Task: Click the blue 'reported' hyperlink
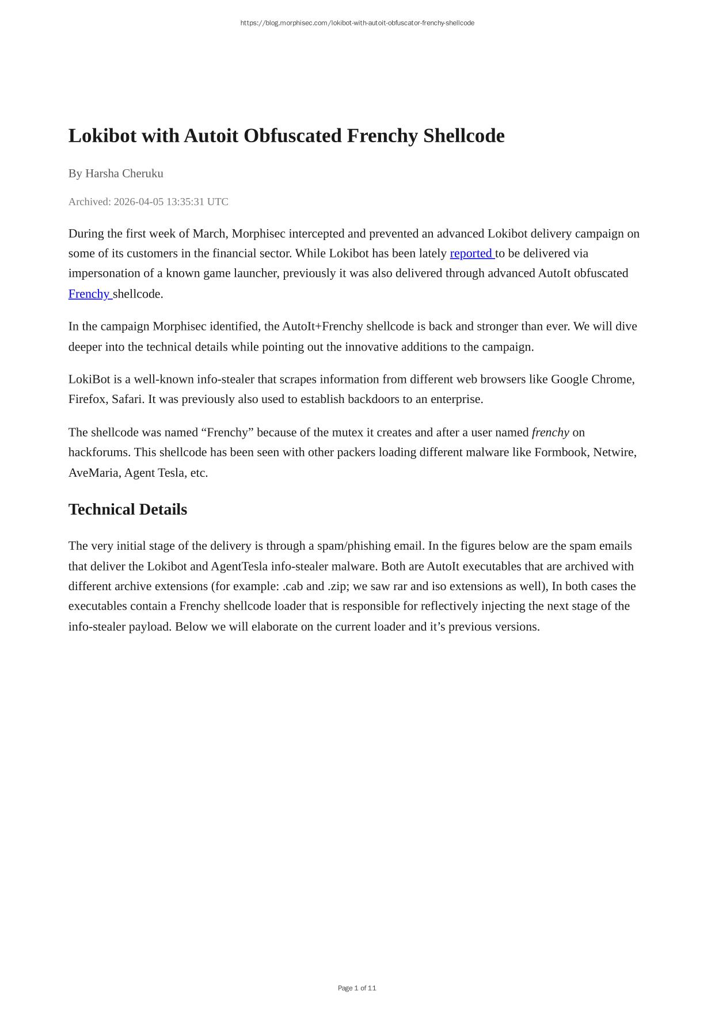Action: [x=471, y=253]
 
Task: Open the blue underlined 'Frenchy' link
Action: [x=89, y=294]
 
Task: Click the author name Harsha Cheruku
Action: [x=124, y=173]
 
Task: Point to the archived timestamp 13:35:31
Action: [x=185, y=202]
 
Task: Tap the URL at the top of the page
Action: [x=357, y=23]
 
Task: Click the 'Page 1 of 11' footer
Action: [x=357, y=988]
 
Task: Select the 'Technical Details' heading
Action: [x=128, y=510]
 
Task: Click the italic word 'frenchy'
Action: [x=550, y=432]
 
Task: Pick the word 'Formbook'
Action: [x=561, y=452]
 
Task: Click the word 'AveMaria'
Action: [x=93, y=473]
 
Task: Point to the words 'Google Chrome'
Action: [x=592, y=379]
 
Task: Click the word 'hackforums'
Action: [x=98, y=452]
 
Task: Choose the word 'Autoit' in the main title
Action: [x=211, y=136]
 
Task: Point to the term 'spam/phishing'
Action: [x=354, y=546]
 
